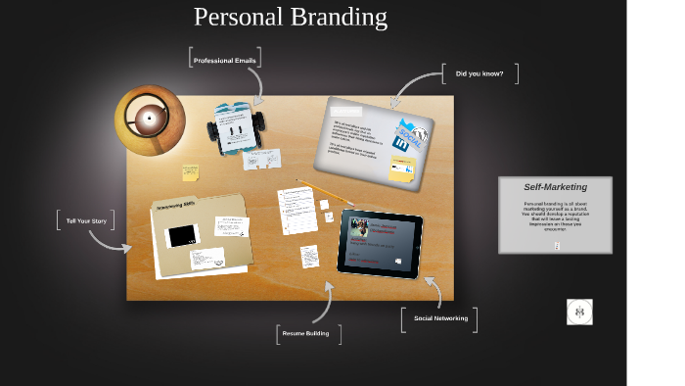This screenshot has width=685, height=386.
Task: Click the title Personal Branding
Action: click(x=291, y=18)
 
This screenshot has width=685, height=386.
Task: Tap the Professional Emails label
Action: click(x=225, y=61)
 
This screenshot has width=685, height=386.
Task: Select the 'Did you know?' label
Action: click(x=479, y=73)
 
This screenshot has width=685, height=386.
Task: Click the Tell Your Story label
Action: click(x=85, y=221)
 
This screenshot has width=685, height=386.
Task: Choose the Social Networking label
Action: click(x=440, y=318)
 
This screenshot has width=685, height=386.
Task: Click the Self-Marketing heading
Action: click(x=555, y=187)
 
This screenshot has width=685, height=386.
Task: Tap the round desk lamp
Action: click(x=149, y=121)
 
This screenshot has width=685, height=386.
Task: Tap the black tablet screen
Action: click(x=380, y=243)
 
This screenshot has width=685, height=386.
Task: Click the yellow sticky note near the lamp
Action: click(x=190, y=172)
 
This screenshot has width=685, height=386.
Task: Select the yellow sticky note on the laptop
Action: click(x=402, y=169)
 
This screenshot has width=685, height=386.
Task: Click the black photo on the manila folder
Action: click(x=182, y=236)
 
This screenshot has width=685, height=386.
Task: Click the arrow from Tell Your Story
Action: click(x=114, y=240)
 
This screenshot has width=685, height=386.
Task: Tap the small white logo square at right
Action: click(x=579, y=313)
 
